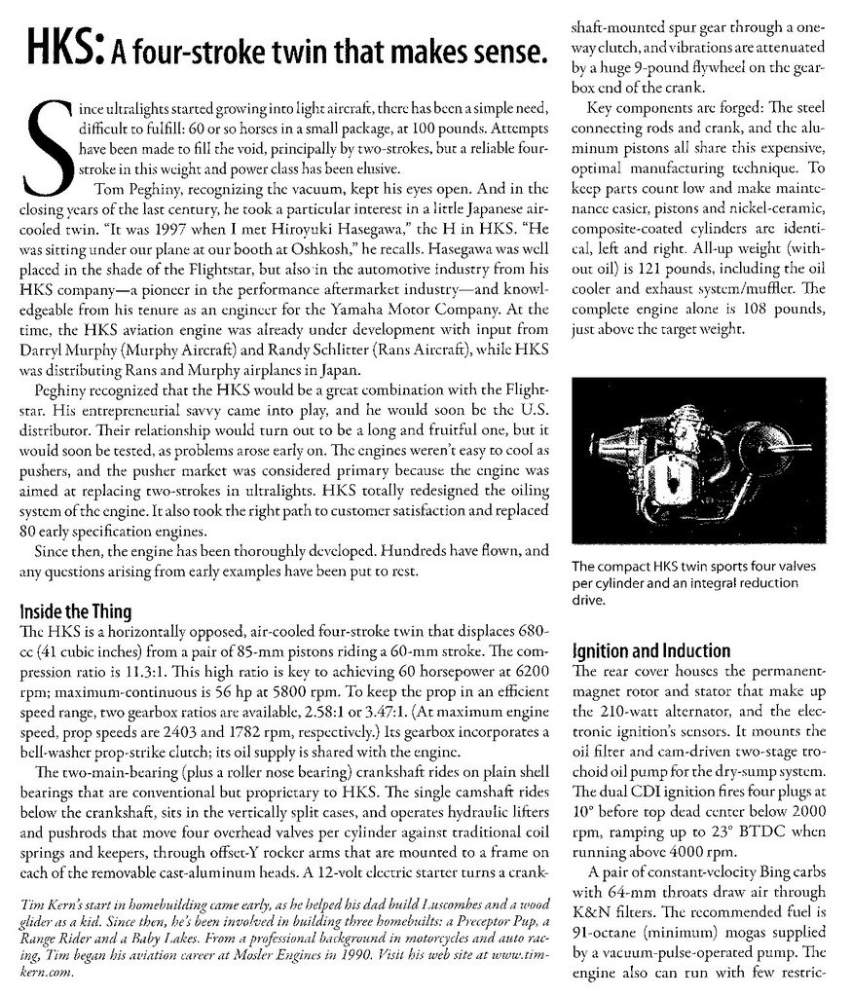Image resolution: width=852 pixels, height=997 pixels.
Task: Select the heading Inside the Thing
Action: (75, 612)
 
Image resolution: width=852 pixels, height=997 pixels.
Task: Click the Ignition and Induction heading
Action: (652, 650)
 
